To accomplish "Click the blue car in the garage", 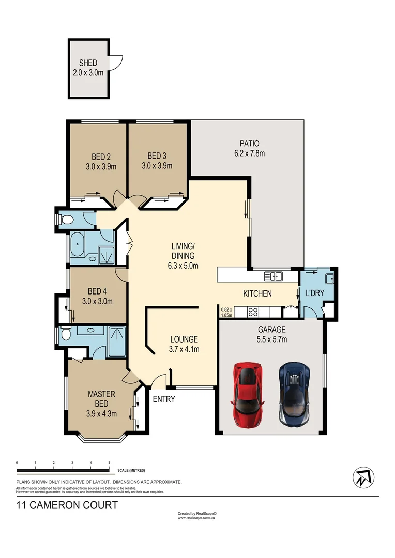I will pos(294,394).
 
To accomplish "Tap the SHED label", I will pos(88,63).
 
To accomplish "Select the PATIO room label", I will pos(249,143).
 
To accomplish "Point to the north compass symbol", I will pos(363,477).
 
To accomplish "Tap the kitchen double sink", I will pos(273,276).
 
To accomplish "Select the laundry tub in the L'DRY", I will pos(328,279).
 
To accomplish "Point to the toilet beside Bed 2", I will pos(66,220).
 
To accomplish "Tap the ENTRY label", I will pos(163,399).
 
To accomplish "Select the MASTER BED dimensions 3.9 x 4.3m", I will pos(101,413).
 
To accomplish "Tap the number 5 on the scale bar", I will pos(109,463).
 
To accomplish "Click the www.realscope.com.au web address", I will pos(196,517).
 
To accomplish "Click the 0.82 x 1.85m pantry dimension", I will pos(226,312).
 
